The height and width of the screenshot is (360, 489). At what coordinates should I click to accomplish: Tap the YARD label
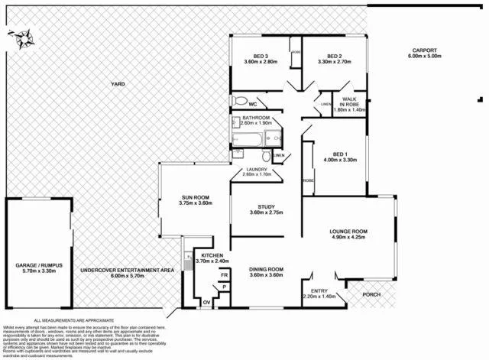[118, 84]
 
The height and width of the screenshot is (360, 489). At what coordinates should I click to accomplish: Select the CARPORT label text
[424, 51]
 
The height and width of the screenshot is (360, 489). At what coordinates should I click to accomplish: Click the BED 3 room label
[261, 56]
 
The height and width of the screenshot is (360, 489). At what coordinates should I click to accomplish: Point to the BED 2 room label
[334, 56]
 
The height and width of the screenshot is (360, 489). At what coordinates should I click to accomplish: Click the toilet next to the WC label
[239, 101]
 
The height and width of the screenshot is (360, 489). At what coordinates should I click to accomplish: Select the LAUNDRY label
[254, 170]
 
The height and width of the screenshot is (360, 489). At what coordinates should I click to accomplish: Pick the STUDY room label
[266, 206]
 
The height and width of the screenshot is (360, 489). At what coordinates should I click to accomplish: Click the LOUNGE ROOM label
[349, 231]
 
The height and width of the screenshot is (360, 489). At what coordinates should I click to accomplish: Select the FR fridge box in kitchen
[225, 274]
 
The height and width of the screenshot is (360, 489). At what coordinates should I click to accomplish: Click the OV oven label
[206, 303]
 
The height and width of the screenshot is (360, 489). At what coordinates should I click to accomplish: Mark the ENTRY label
[319, 290]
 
